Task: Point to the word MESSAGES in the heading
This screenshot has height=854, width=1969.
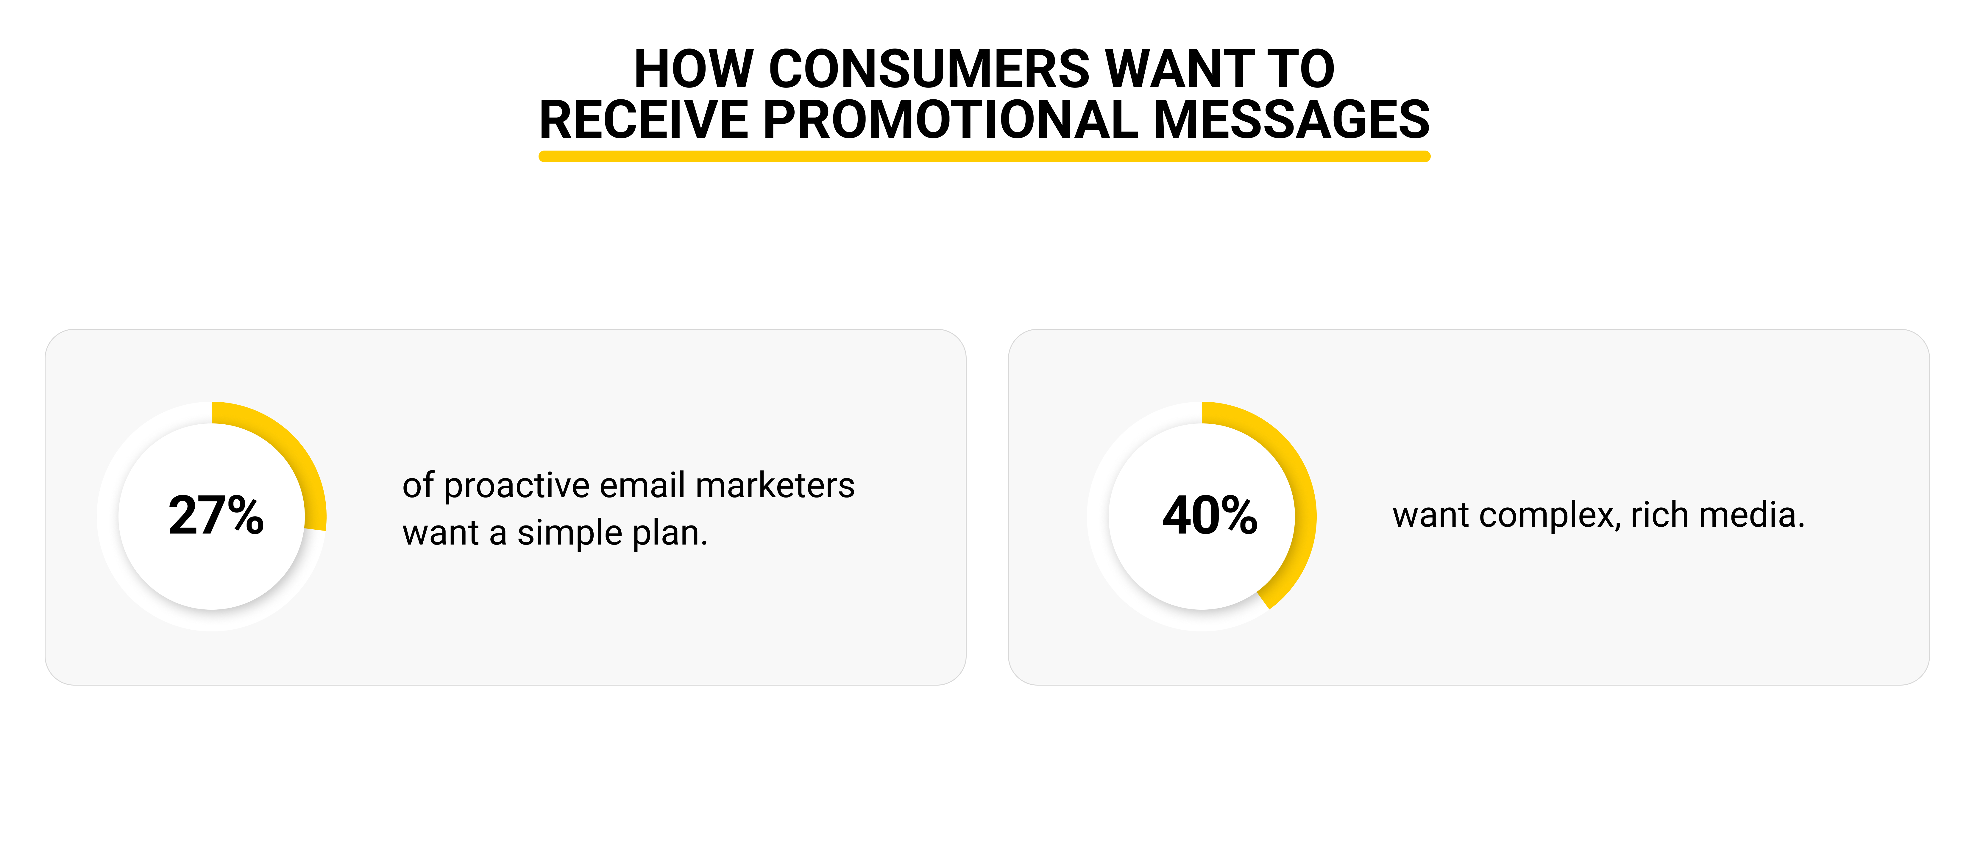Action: tap(1291, 120)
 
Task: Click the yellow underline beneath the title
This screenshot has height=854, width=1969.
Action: tap(984, 157)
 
